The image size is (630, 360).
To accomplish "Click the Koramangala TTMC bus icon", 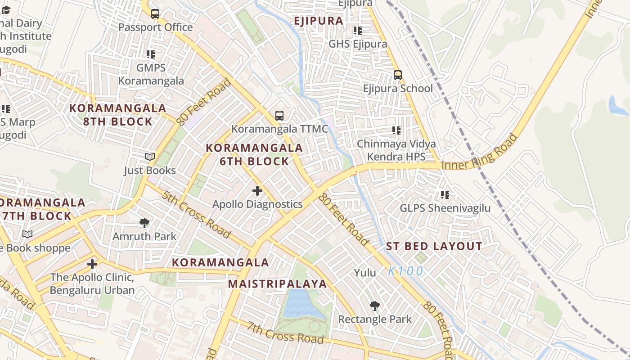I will (x=279, y=116).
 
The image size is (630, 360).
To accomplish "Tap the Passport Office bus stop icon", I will (x=155, y=14).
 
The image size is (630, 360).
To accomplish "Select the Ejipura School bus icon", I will (x=398, y=75).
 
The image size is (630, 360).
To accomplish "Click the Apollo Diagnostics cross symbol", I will (x=257, y=191).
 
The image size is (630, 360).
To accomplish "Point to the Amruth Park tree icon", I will (x=144, y=223).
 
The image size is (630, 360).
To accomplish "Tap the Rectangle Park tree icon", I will (x=374, y=306).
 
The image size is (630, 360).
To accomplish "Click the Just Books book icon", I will (x=150, y=157).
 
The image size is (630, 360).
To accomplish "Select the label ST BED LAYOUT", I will (x=434, y=247).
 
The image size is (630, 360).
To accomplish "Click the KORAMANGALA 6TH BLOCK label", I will (x=254, y=154).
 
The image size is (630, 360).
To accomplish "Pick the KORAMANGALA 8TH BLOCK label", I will (x=118, y=115).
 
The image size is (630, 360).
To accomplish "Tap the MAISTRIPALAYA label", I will (x=277, y=284).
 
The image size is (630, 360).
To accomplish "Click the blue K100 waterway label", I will (x=405, y=271).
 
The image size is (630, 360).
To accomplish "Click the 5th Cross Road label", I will (x=197, y=214).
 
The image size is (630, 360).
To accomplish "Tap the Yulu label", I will (x=365, y=272).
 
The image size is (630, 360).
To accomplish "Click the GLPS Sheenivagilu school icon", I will (x=445, y=195).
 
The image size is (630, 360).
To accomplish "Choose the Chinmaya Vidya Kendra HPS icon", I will (x=396, y=130).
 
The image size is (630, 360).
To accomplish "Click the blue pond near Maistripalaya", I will (x=298, y=304).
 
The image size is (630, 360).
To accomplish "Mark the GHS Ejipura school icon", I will (x=358, y=31).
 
